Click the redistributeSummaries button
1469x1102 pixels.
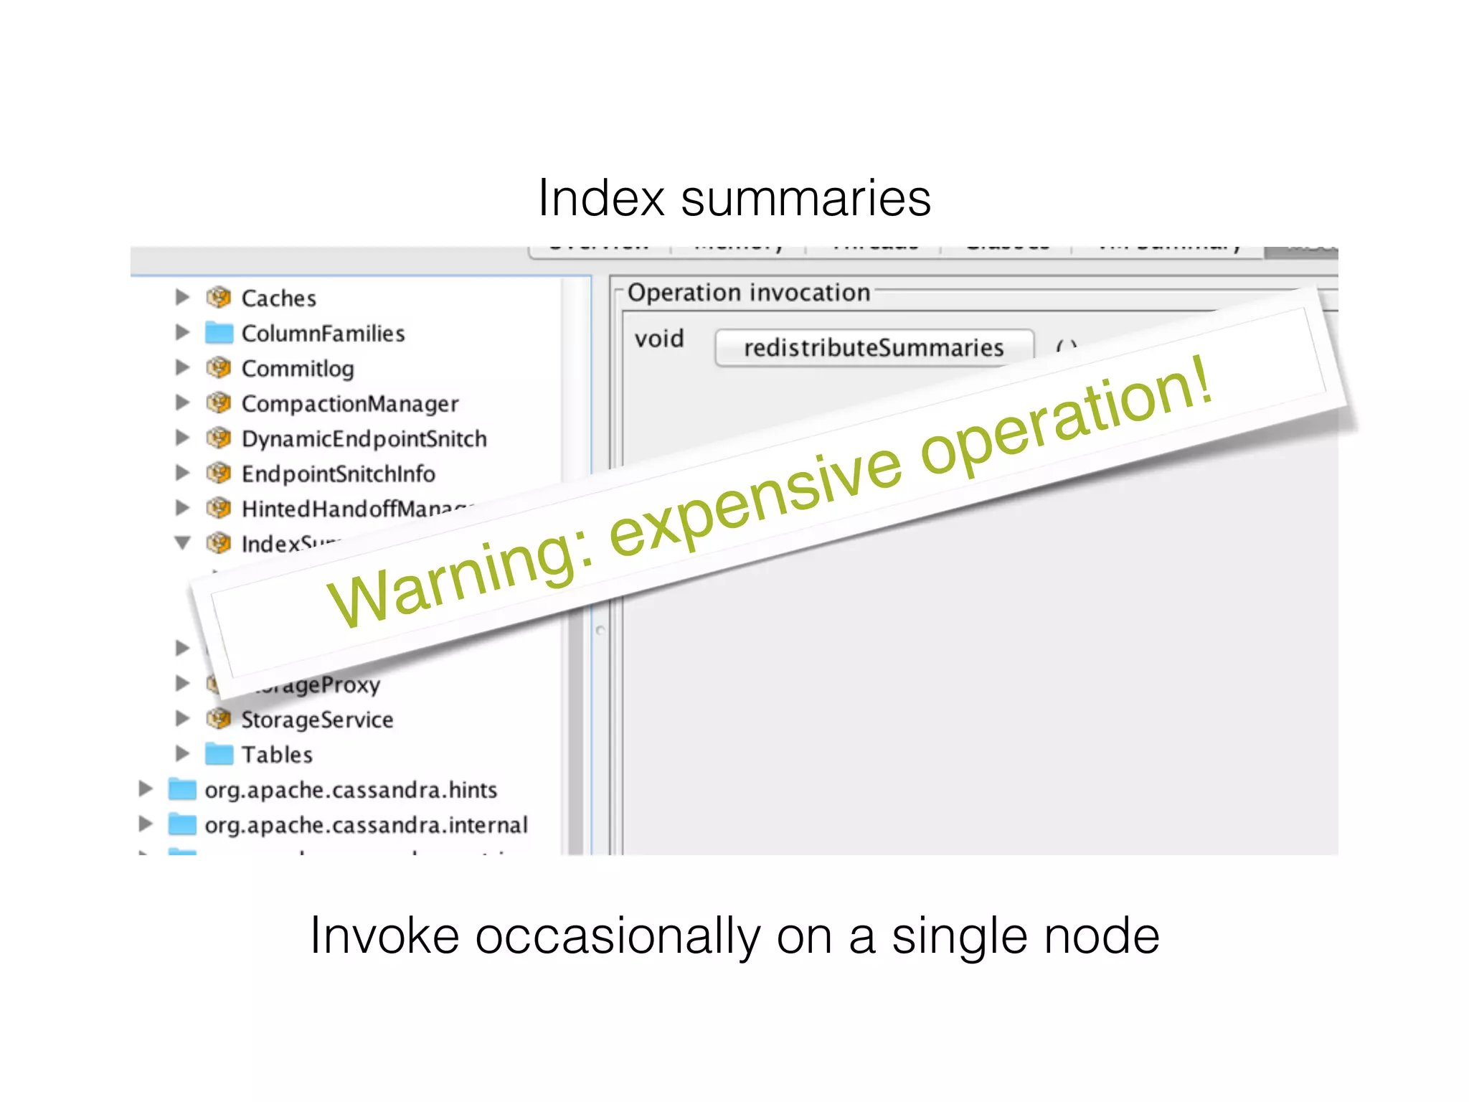pos(874,348)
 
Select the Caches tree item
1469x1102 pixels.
pos(278,298)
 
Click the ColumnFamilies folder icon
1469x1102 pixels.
pos(219,333)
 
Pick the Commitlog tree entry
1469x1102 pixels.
pos(297,369)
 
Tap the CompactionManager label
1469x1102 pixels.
pos(349,404)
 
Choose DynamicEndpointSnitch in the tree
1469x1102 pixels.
pos(364,439)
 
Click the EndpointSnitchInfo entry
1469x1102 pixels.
pos(338,474)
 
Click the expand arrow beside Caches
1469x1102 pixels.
pos(183,297)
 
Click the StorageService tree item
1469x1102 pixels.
pos(316,720)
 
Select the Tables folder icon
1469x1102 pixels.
pos(219,754)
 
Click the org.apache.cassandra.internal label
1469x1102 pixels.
pos(366,825)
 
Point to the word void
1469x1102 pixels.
pos(658,339)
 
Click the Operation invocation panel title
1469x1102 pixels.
pos(748,293)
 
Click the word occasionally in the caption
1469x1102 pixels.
pos(617,937)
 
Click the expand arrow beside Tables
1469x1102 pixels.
pos(183,753)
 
